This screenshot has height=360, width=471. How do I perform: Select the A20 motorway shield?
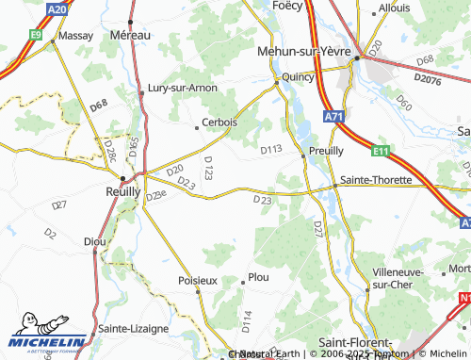point(57,9)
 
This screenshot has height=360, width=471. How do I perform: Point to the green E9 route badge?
point(36,34)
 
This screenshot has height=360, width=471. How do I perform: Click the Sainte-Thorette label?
point(376,179)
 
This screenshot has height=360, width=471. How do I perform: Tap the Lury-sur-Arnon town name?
point(183,88)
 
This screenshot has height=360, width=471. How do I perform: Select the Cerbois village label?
point(220,123)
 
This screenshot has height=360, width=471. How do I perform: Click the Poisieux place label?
point(198,280)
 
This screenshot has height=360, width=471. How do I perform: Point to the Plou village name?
point(257,278)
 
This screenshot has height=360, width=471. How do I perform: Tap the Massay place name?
point(75,35)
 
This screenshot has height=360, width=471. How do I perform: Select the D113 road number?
point(271,149)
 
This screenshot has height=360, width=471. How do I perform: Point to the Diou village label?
point(94,242)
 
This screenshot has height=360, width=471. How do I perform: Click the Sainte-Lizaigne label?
point(131,328)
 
